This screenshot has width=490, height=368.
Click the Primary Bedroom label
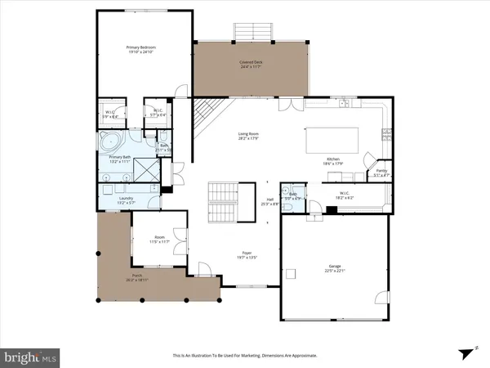point(141,48)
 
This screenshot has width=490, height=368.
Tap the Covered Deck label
point(250,62)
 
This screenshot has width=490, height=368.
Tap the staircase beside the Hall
point(223,201)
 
